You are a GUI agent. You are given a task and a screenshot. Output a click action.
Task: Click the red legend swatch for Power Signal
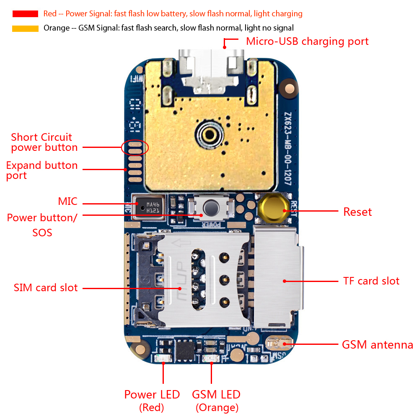[x=25, y=14]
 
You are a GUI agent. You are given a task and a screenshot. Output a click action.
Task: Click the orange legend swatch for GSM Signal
[x=25, y=28]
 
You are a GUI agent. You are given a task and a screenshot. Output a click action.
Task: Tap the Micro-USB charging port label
[x=307, y=41]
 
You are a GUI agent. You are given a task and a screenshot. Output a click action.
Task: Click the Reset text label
[x=357, y=212]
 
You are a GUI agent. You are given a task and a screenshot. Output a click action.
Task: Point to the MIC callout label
[x=67, y=202]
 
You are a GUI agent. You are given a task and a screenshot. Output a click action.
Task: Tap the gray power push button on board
[x=210, y=207]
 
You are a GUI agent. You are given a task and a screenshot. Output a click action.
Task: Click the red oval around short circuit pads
[x=135, y=147]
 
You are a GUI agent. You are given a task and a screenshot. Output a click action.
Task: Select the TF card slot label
[x=371, y=281]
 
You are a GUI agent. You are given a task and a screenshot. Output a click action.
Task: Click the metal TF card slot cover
[x=278, y=279]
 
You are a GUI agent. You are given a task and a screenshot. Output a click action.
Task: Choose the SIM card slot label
[x=46, y=288]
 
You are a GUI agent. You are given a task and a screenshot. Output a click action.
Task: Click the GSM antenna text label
[x=377, y=345]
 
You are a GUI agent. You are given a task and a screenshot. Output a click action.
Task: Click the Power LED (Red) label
[x=152, y=400]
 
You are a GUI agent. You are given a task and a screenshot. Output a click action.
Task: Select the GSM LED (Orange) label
[x=216, y=400]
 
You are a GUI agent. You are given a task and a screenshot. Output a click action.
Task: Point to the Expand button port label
[x=41, y=170]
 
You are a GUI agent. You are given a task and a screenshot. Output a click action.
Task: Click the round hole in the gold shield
[x=208, y=134]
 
